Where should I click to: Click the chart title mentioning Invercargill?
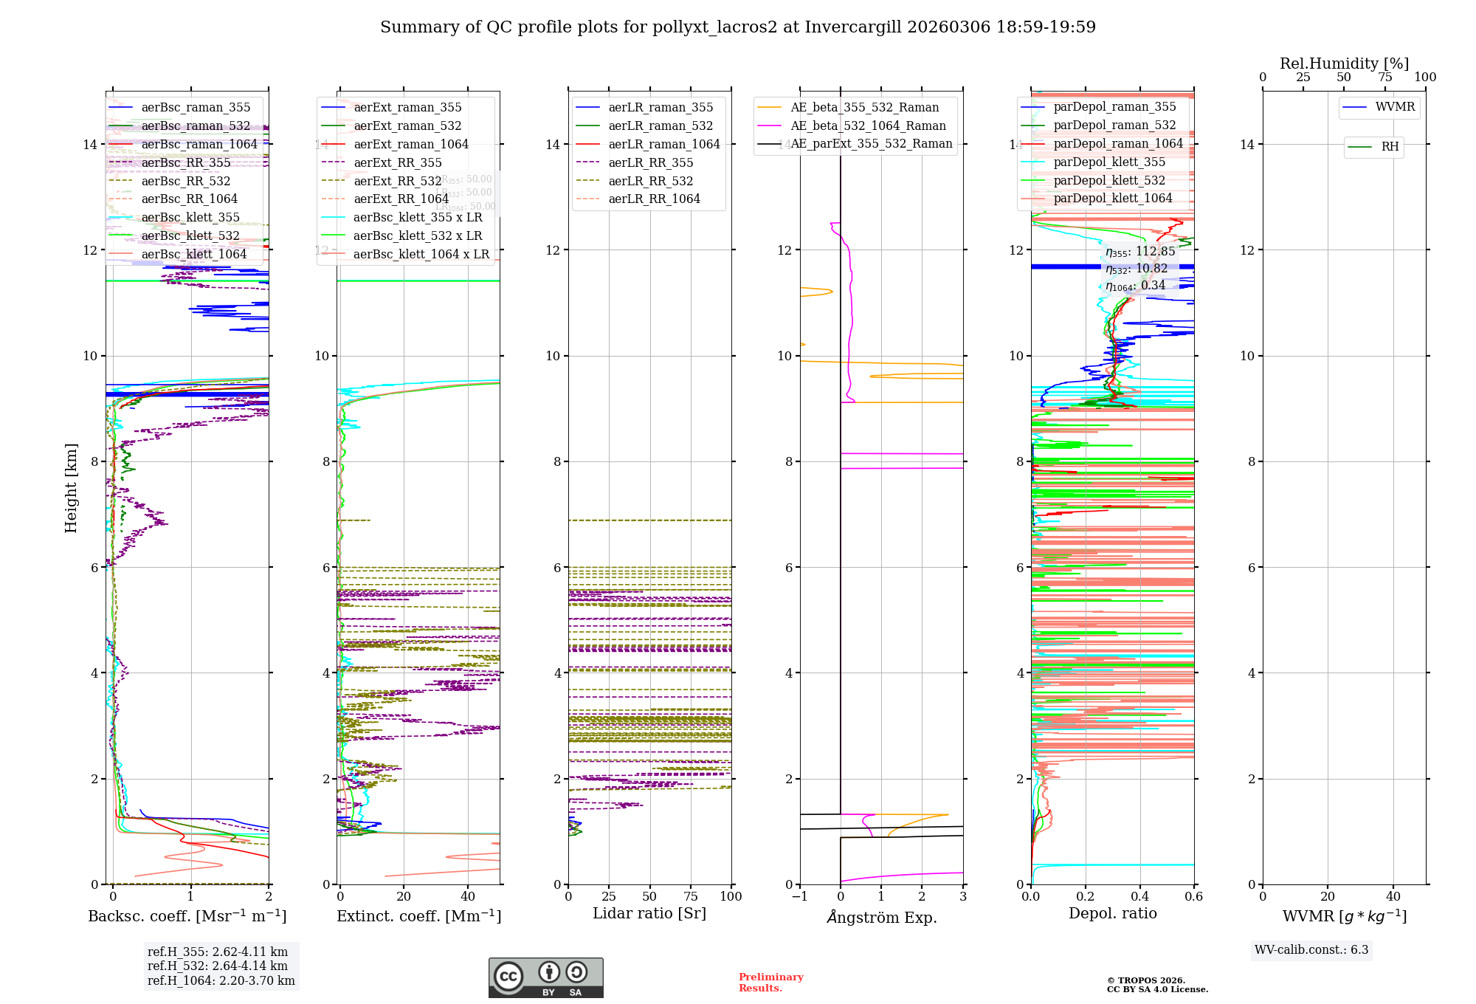[x=737, y=27]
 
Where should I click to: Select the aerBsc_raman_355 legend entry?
[x=196, y=108]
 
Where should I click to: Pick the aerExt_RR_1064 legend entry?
[x=401, y=199]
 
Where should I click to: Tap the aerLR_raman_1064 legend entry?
[x=663, y=145]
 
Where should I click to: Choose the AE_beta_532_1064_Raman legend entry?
[x=868, y=126]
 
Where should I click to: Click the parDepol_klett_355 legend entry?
[x=1109, y=162]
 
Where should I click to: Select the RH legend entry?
[x=1390, y=147]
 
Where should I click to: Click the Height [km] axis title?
[x=71, y=487]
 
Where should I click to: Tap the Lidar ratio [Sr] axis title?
[x=649, y=914]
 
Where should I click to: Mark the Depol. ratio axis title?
[x=1112, y=914]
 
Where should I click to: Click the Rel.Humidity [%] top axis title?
[x=1344, y=63]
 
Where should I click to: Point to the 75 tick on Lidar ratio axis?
[x=691, y=897]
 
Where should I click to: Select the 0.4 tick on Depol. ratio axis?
[x=1139, y=897]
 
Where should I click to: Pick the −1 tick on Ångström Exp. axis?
[x=799, y=897]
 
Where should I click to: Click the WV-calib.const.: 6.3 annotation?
[x=1311, y=950]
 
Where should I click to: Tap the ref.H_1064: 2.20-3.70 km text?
[x=221, y=981]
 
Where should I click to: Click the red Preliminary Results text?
[x=770, y=983]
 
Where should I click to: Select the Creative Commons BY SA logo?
[x=545, y=978]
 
